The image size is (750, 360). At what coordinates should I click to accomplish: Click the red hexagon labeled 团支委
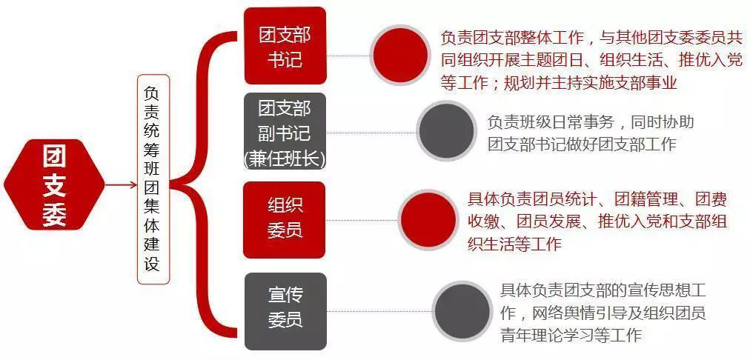(53, 184)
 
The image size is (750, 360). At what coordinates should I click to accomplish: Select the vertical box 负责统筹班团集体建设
(153, 179)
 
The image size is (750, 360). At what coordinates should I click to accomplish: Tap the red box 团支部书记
(285, 46)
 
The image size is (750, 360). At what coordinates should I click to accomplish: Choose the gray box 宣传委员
(285, 310)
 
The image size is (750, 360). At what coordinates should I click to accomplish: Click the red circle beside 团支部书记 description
(401, 55)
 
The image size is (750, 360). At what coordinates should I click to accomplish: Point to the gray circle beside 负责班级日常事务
(446, 131)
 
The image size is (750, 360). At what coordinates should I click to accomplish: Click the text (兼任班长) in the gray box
(285, 159)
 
